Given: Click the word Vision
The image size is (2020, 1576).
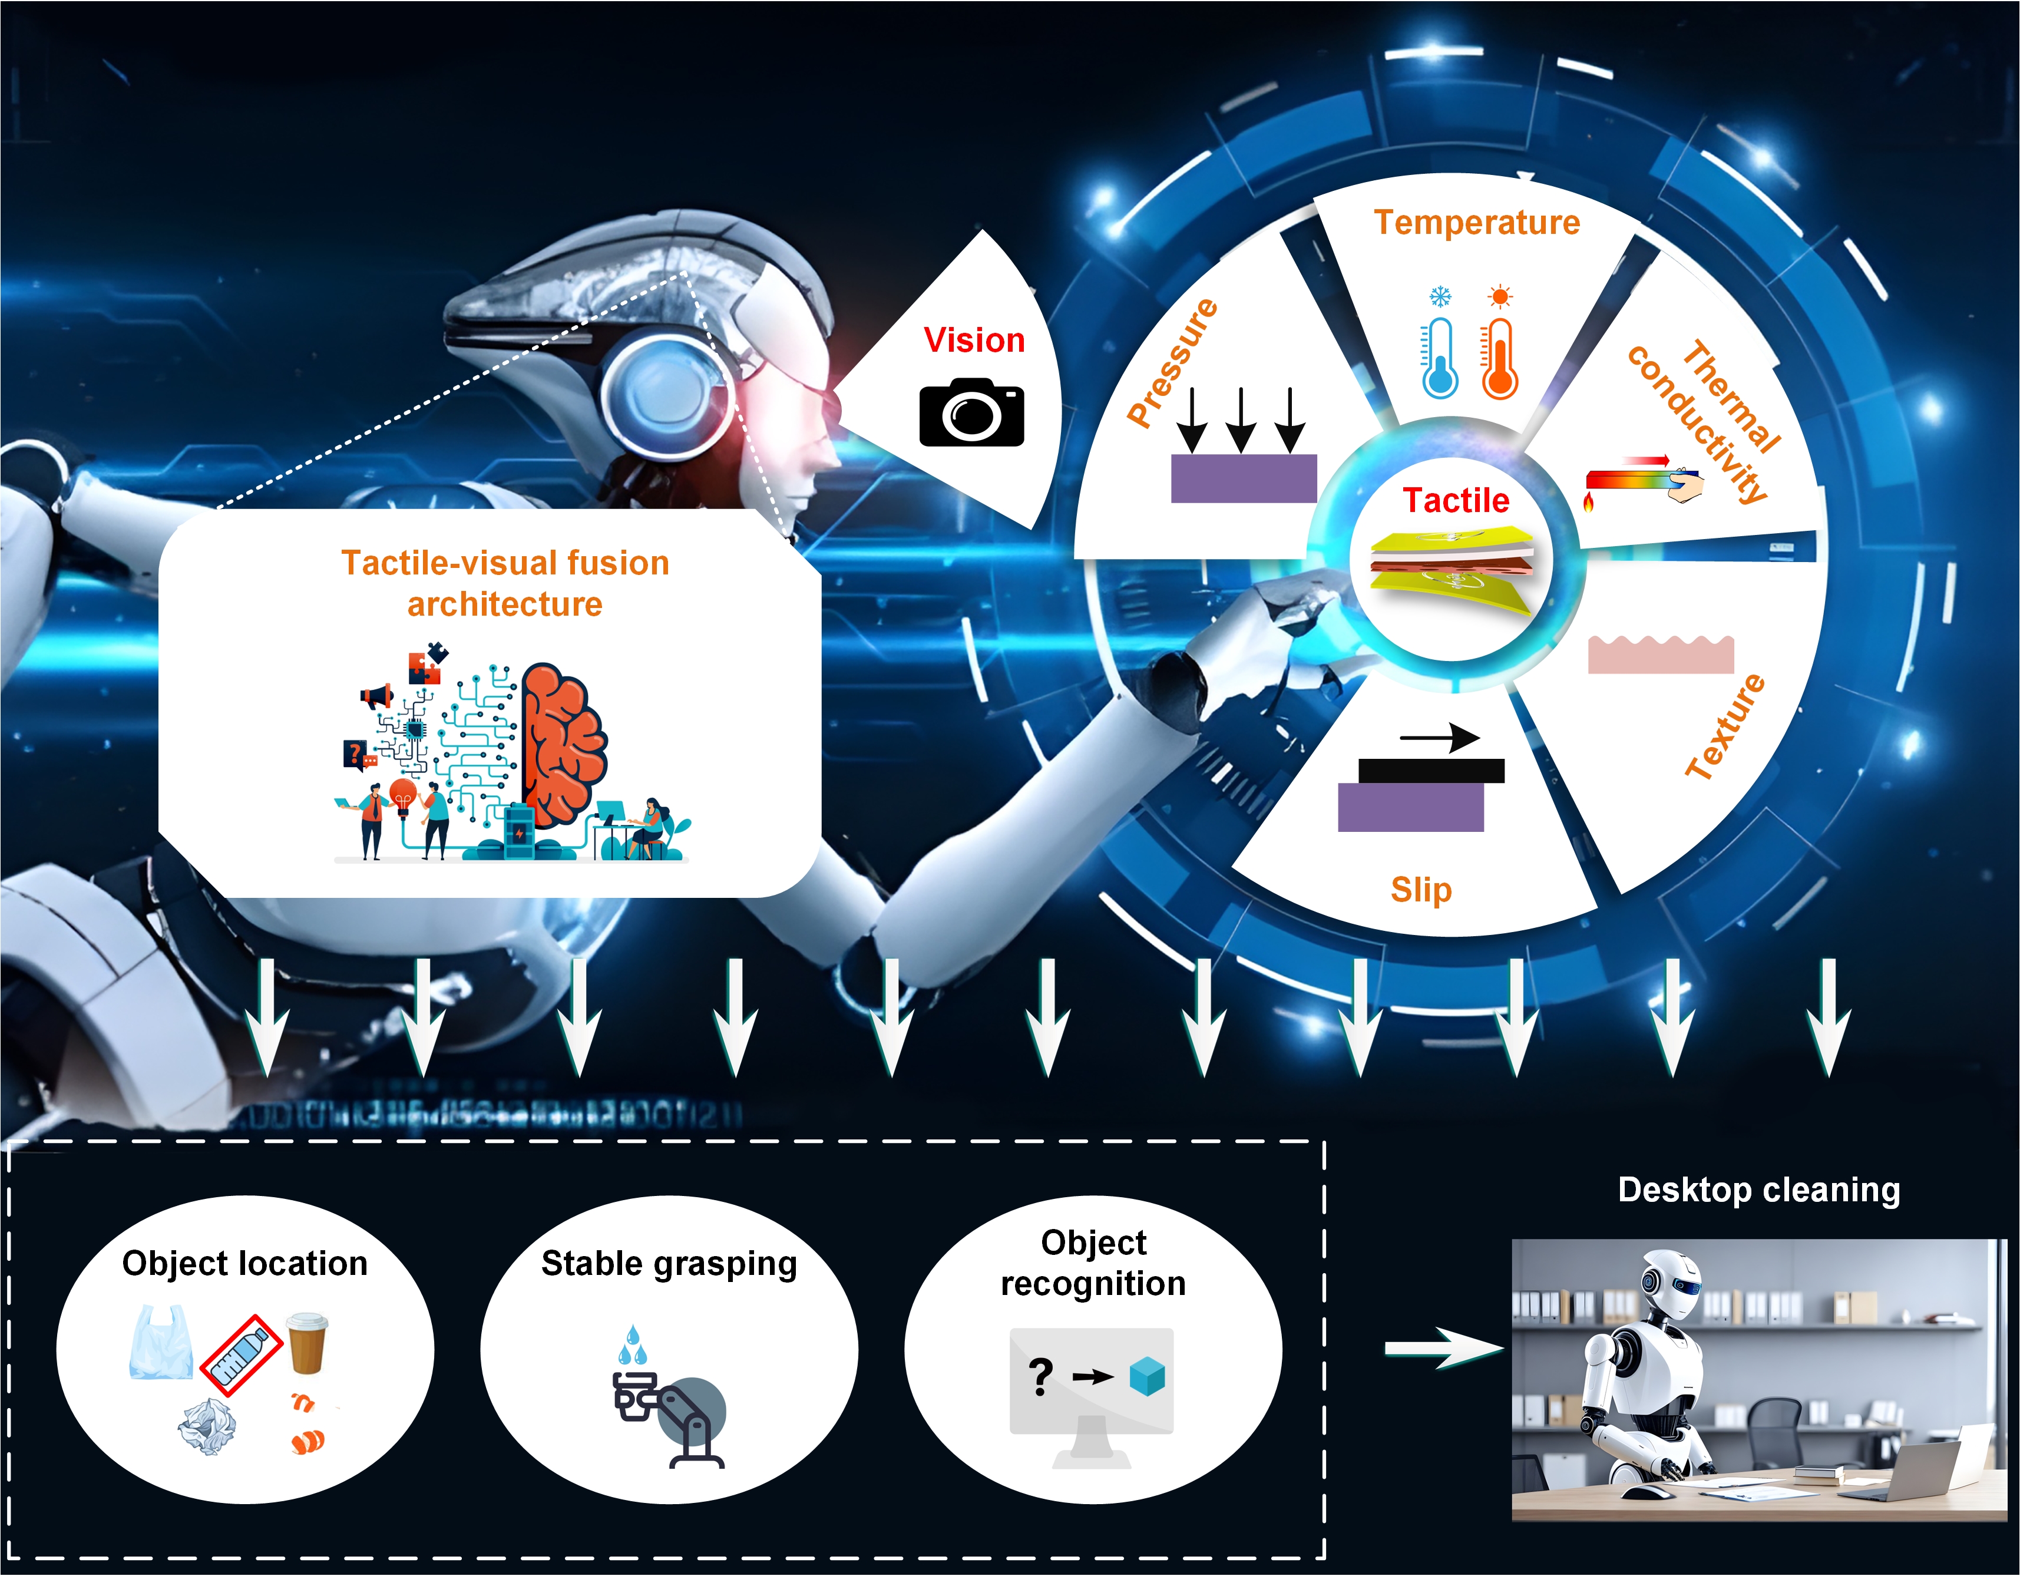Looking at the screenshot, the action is pos(974,339).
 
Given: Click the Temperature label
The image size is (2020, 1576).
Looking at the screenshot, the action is pos(1477,222).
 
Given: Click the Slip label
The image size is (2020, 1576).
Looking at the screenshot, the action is pos(1421,889).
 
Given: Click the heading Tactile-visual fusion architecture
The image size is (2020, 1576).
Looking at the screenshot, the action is pos(505,583).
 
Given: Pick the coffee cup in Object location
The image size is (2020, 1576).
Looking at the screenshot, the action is pos(307,1342).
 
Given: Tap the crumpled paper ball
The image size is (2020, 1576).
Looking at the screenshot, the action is pos(207,1427).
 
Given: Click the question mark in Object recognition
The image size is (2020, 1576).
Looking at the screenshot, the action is pos(1040,1377).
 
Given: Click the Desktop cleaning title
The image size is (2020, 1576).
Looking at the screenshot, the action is pos(1759,1190).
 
